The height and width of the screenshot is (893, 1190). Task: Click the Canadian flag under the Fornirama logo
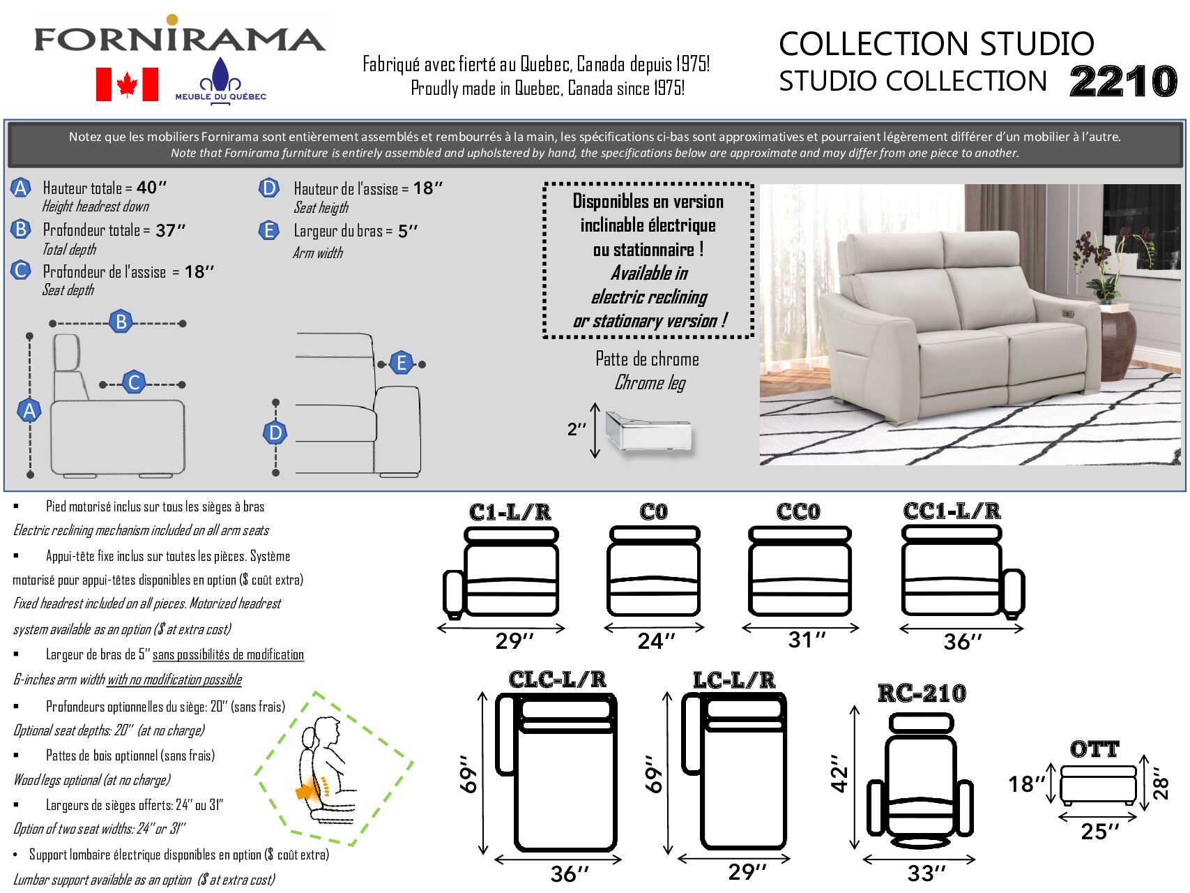127,84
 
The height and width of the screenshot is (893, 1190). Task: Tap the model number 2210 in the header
1123,82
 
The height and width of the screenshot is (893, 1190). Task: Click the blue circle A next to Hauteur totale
21,188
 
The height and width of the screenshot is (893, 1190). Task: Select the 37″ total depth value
170,230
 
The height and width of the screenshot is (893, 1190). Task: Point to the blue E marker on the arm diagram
402,363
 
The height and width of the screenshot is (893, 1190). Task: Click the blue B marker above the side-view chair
121,322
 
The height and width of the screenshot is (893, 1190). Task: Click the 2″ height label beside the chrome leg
577,429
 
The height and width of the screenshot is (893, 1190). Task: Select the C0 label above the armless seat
653,512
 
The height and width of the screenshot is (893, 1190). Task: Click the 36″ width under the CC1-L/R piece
962,642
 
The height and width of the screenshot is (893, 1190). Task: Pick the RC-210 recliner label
922,693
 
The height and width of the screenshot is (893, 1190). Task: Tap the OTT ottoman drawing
1098,786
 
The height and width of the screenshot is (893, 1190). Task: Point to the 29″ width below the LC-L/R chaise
747,871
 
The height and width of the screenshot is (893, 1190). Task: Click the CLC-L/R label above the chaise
557,680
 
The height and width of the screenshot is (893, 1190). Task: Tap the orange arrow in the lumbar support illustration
305,791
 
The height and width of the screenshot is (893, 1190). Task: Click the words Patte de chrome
647,359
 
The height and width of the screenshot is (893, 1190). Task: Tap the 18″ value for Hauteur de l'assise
427,188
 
